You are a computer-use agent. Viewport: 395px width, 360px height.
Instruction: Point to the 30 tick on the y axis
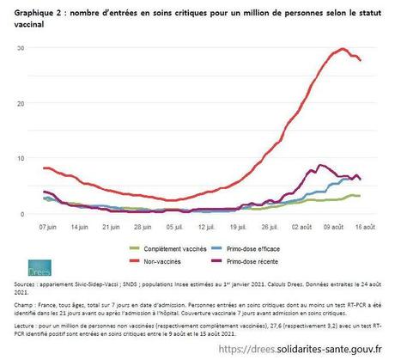(19, 46)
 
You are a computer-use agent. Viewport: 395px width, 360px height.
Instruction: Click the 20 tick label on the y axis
(19, 102)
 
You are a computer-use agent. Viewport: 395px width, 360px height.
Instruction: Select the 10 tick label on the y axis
(19, 158)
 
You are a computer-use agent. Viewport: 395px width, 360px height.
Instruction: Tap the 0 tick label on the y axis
(21, 214)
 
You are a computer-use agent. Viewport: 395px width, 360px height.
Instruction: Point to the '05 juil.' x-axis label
(175, 229)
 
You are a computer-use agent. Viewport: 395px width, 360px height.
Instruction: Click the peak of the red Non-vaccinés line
(343, 49)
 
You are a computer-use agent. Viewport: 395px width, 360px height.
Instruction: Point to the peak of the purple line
(320, 165)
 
